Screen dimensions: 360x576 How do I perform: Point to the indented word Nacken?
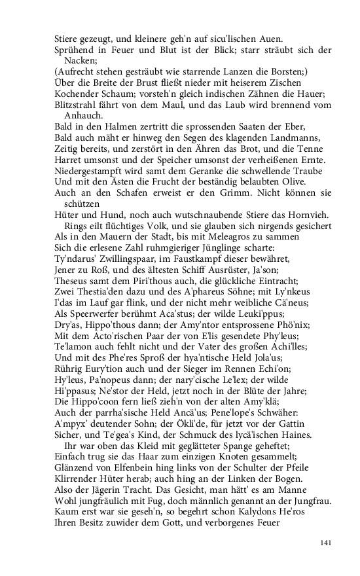82,60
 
